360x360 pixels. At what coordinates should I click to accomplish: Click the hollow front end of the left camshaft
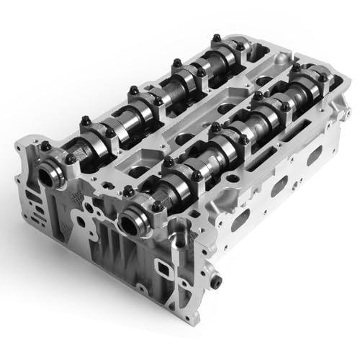pos(55,174)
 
